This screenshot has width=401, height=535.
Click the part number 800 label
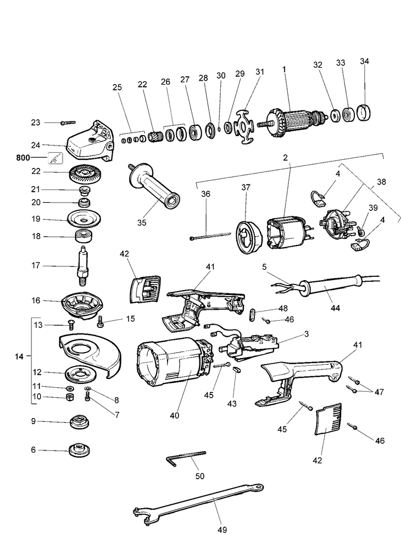[23, 158]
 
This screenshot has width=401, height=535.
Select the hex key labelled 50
[186, 458]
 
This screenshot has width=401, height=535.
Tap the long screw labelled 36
[210, 236]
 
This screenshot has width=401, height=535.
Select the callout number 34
[365, 61]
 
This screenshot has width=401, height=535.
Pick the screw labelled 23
[68, 122]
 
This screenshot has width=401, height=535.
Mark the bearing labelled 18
[85, 236]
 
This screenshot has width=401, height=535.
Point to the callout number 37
[246, 187]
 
